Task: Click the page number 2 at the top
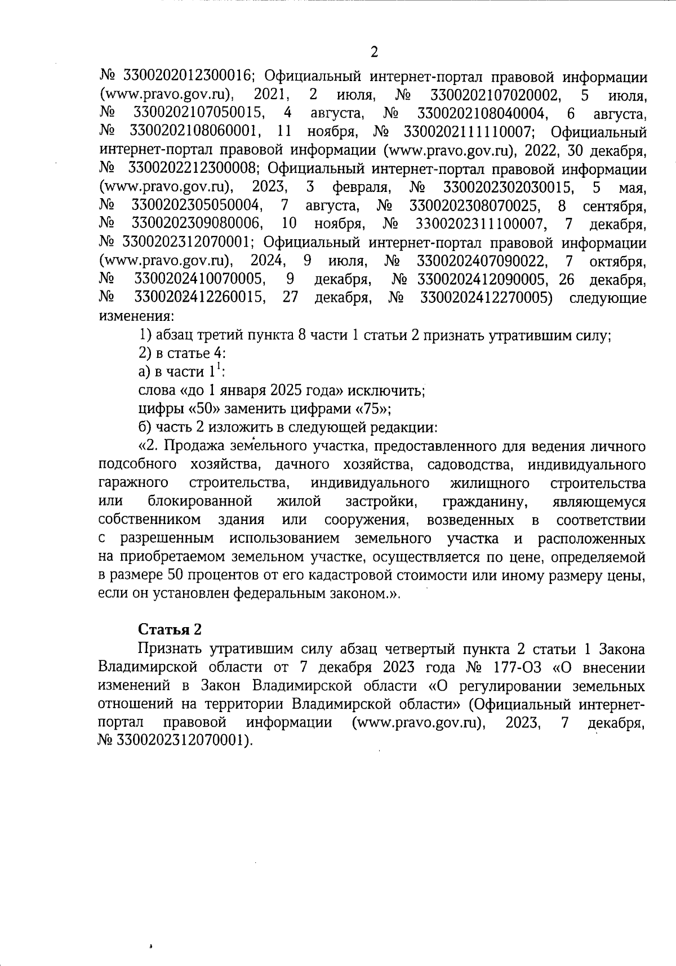[373, 52]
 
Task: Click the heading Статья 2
[170, 629]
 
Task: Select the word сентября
[614, 205]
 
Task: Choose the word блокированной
[199, 501]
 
